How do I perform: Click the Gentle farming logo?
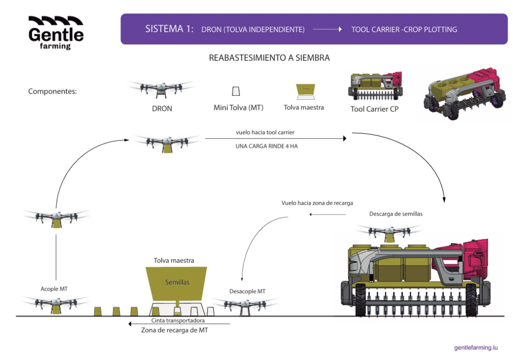56,33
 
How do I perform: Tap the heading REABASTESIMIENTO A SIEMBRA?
269,58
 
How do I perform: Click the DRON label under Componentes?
161,108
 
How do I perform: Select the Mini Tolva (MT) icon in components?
235,91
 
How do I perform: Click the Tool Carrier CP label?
374,108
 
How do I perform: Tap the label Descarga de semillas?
396,214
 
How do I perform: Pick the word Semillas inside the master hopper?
177,282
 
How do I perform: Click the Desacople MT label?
247,291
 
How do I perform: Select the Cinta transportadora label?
178,320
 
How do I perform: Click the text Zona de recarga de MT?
174,330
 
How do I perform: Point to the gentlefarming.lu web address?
475,347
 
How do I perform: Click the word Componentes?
52,91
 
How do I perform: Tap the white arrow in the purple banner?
328,30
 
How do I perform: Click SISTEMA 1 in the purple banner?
169,29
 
